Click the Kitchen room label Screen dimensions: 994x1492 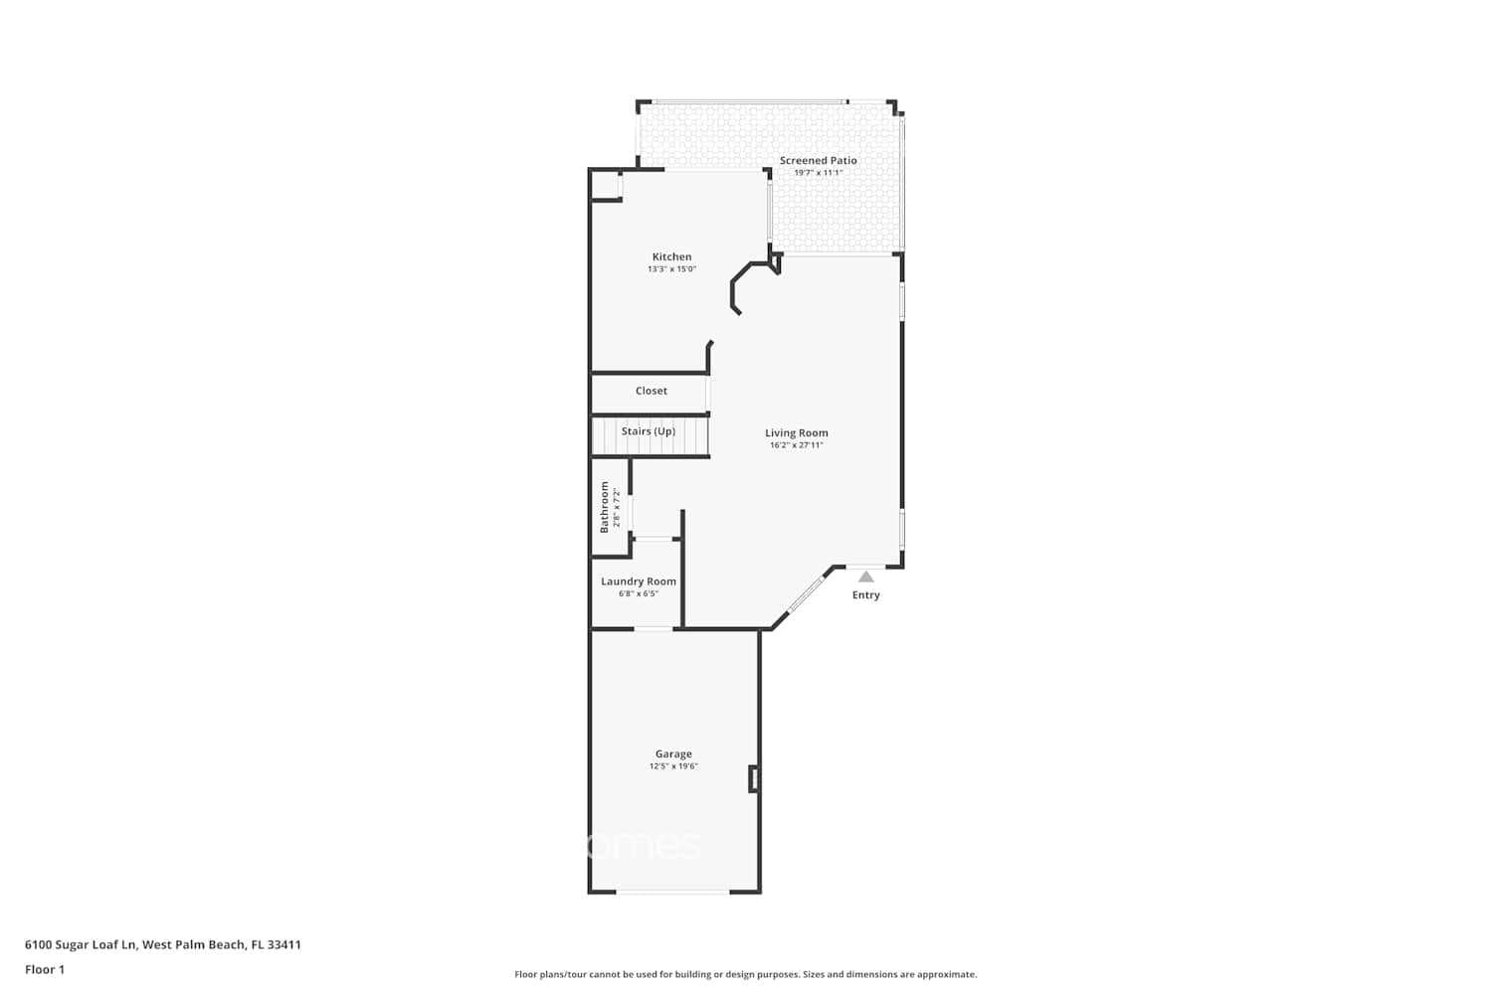tap(671, 256)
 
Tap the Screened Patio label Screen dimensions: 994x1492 tap(818, 160)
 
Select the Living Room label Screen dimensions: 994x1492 tap(796, 432)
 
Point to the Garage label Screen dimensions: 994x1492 tap(673, 753)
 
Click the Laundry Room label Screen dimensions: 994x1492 tap(638, 581)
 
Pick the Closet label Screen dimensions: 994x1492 tap(652, 391)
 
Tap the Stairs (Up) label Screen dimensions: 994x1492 tap(648, 431)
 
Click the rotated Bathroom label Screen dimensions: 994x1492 tap(604, 507)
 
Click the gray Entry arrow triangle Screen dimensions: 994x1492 tap(866, 577)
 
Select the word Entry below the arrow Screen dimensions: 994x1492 tap(865, 595)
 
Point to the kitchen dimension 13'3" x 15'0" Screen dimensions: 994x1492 tap(671, 269)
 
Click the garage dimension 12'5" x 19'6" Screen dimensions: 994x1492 tap(673, 766)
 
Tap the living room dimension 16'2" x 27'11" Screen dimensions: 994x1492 tap(796, 445)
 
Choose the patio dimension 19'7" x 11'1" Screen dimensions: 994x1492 tap(818, 173)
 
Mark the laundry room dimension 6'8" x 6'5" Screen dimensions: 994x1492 tap(638, 594)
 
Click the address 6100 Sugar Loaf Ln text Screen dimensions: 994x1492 tap(163, 945)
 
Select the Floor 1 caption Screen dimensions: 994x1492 tap(45, 969)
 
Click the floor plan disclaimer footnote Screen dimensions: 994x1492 tap(745, 974)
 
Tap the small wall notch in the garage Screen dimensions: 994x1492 tap(754, 779)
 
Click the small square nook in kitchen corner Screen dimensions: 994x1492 tap(606, 186)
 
